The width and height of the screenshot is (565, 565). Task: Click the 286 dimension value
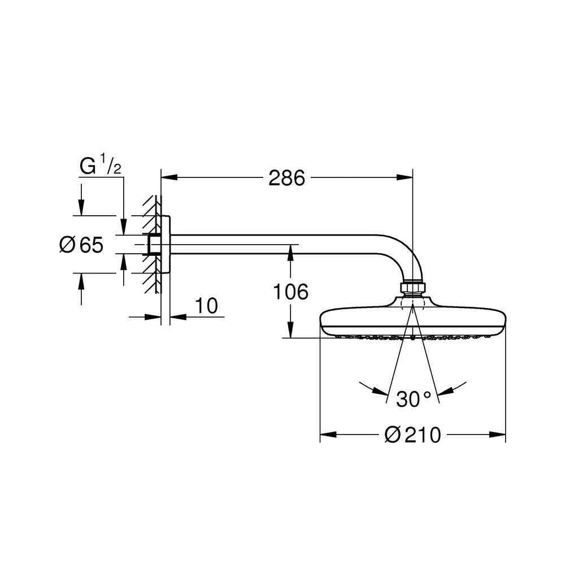(x=286, y=178)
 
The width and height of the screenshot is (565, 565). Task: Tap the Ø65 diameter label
(x=81, y=245)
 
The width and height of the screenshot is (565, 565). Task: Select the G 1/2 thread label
(x=100, y=164)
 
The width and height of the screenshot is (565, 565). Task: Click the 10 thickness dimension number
(x=206, y=306)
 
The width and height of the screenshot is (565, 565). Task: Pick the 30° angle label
(x=414, y=399)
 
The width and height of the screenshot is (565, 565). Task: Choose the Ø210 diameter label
(x=413, y=434)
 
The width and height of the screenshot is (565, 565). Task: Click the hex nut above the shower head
(x=413, y=287)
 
